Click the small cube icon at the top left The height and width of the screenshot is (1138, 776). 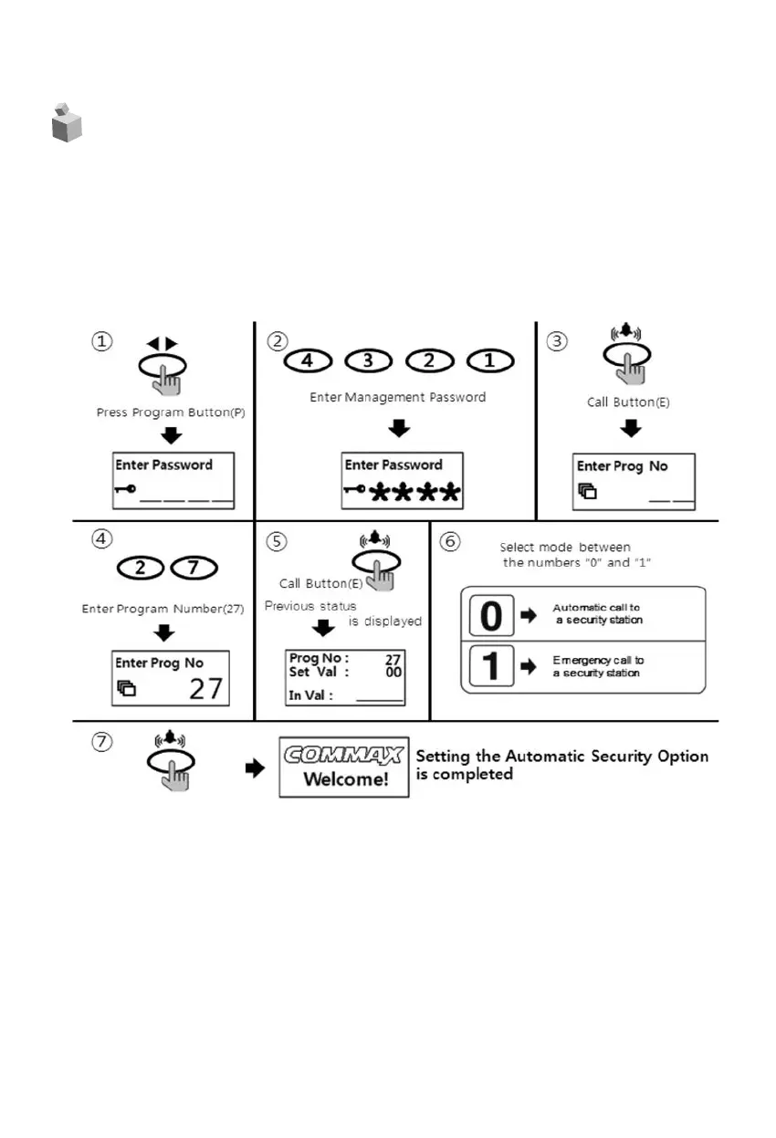66,122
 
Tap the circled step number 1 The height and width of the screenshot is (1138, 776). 102,340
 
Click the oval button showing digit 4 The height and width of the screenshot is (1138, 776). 307,360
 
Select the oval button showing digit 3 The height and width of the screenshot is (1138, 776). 368,360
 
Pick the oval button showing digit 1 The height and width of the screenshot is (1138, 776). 490,360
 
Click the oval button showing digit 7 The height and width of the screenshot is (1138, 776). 193,569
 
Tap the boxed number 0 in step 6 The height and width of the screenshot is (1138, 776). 490,616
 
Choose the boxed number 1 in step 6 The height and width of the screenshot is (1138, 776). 490,666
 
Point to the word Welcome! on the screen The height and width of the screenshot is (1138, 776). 343,779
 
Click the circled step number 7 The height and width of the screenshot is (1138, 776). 102,742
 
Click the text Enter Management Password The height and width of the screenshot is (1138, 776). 397,397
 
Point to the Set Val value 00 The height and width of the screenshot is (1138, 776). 393,672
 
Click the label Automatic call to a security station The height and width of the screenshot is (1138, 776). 598,613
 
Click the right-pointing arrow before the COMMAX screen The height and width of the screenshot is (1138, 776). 255,769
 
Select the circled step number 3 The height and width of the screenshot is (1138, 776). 557,340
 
